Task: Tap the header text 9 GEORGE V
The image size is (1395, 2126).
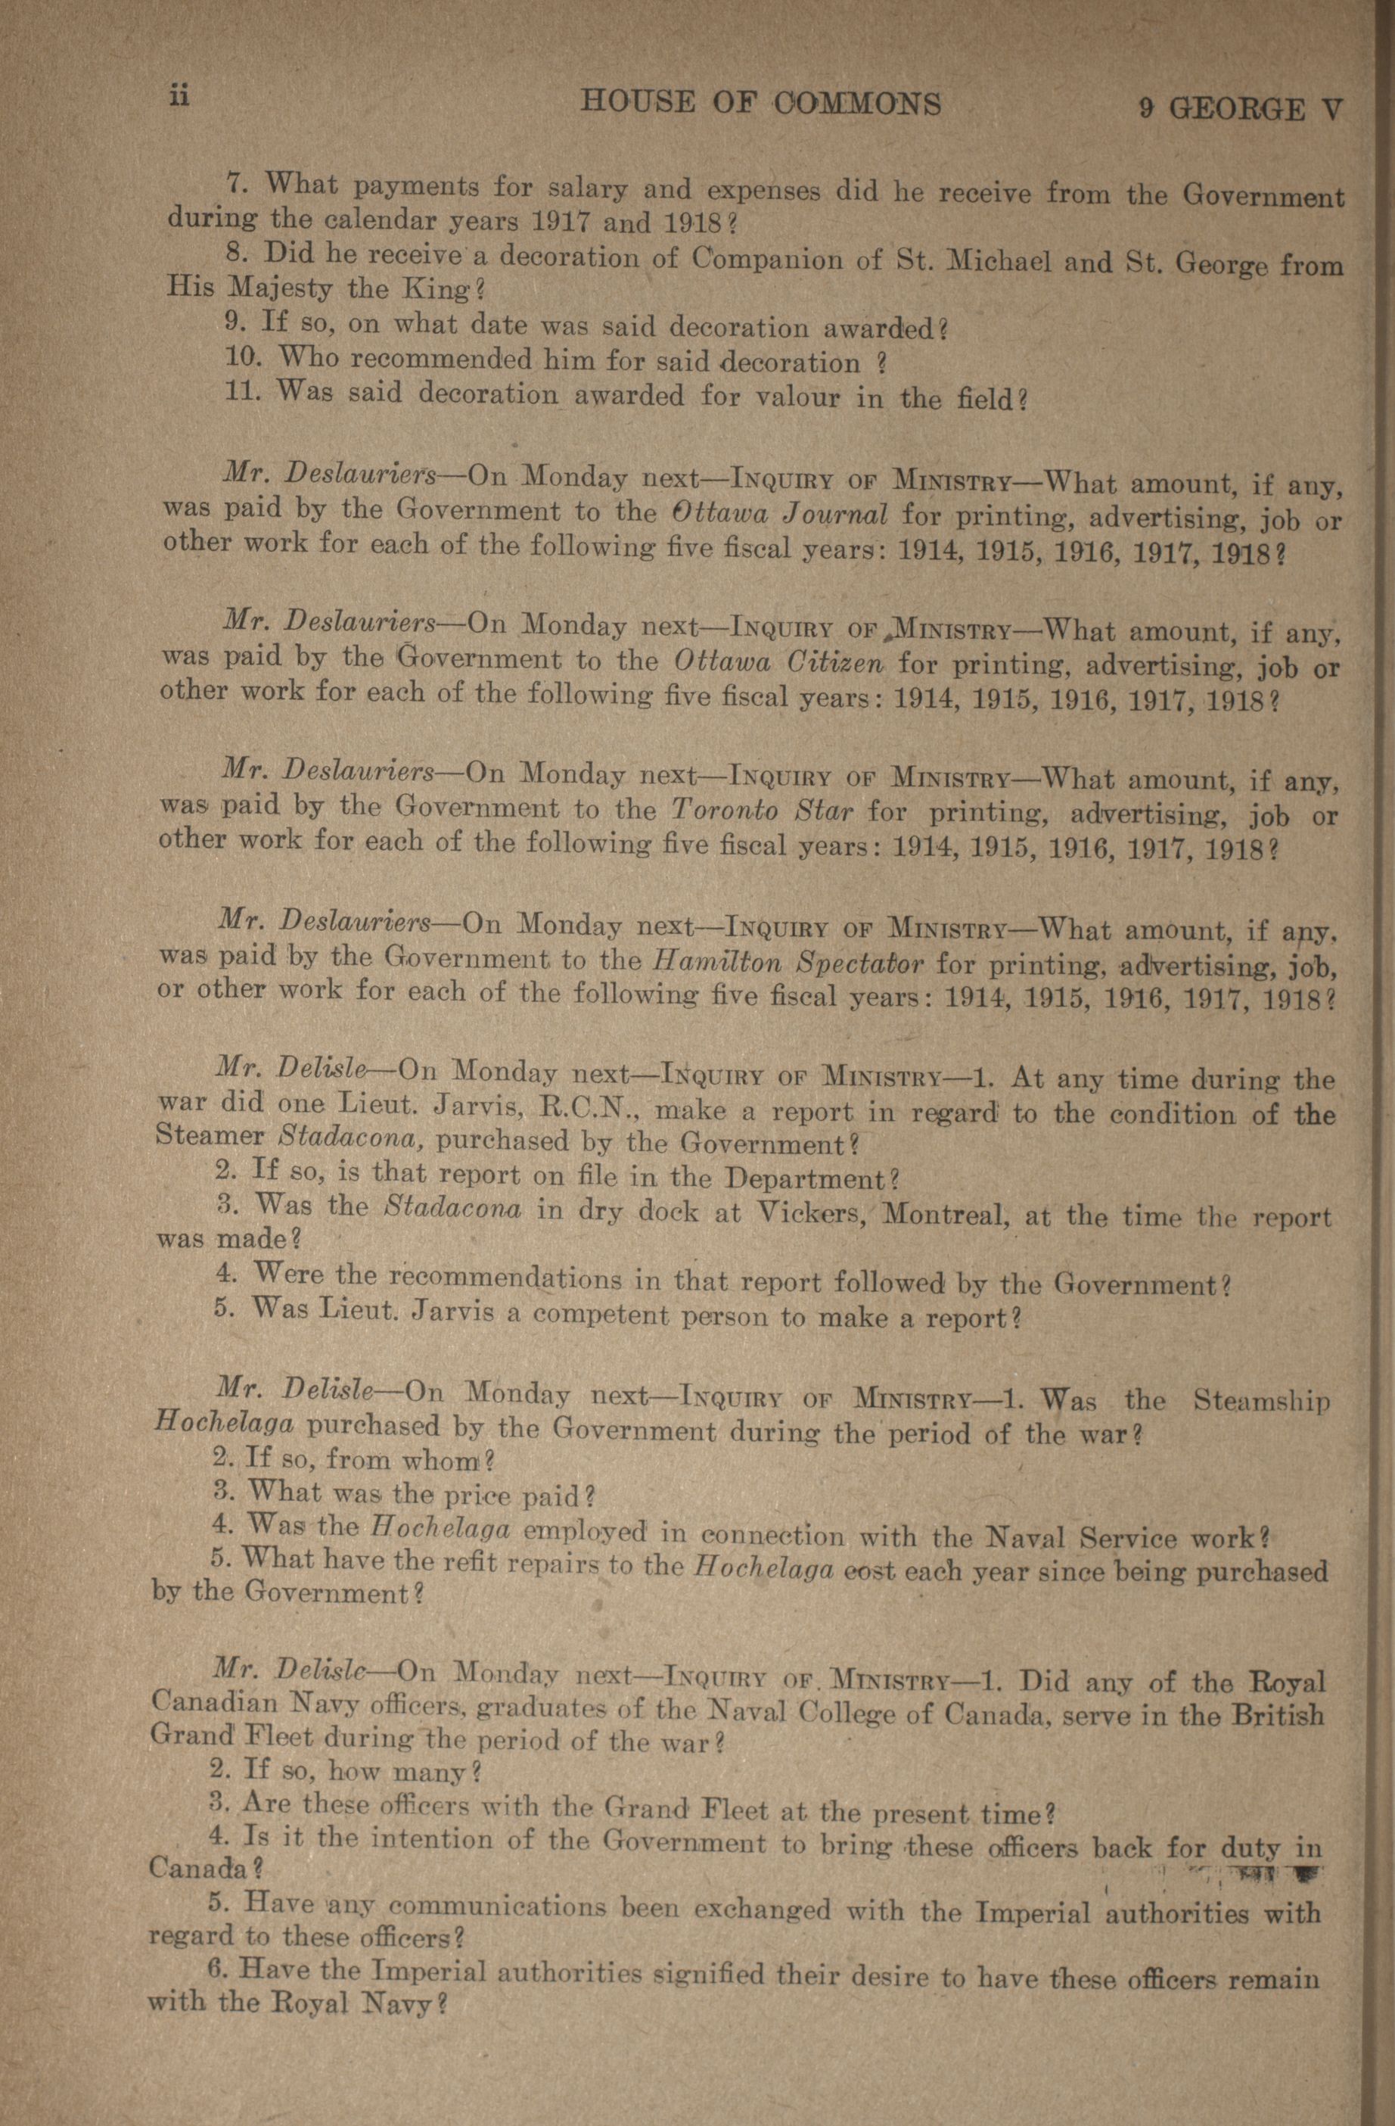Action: pyautogui.click(x=1241, y=109)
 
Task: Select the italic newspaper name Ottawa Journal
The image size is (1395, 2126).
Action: pyautogui.click(x=778, y=515)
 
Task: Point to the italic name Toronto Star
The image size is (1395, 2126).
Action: pyautogui.click(x=761, y=811)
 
